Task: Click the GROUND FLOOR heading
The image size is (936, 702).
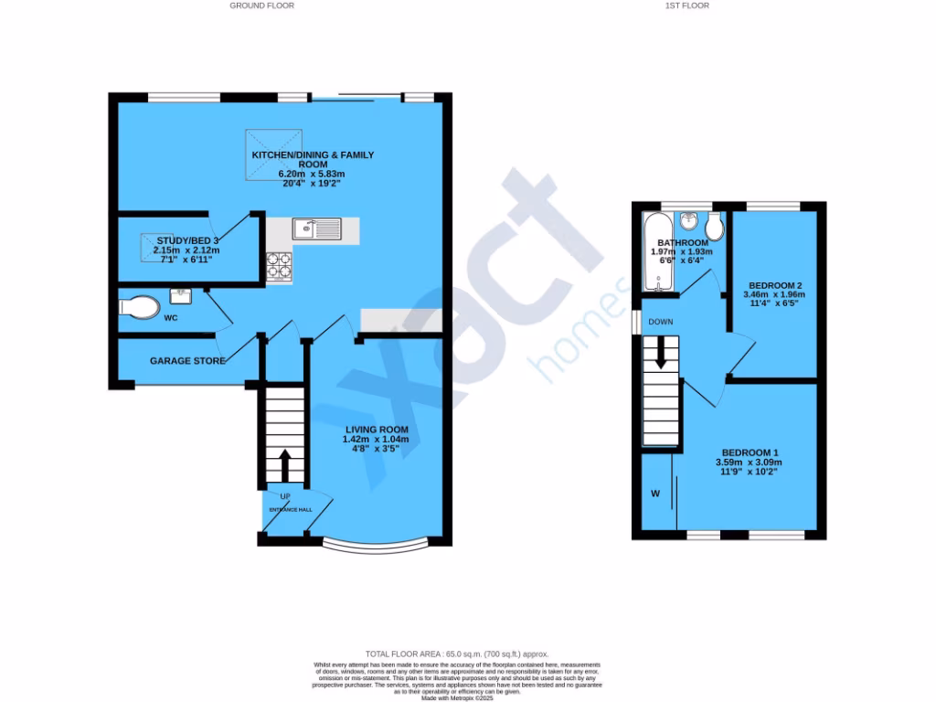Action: (261, 5)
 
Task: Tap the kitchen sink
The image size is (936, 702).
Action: (316, 229)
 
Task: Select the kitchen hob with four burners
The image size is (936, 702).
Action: (279, 266)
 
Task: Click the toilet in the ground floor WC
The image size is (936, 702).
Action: (139, 307)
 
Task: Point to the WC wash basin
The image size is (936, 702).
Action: (180, 296)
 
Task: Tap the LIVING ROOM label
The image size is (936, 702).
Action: (376, 430)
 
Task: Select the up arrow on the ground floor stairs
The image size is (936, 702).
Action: (284, 463)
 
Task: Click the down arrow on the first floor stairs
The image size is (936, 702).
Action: (661, 356)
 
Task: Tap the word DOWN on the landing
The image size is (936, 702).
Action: (661, 323)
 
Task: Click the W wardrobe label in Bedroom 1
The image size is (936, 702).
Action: (654, 495)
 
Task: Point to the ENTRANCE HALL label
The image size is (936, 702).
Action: (290, 510)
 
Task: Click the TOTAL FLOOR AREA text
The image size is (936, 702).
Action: (457, 654)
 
